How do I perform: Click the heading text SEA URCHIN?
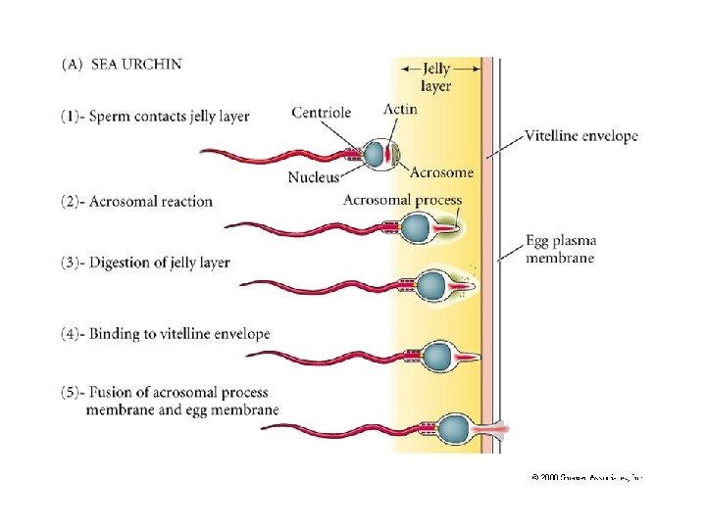(136, 65)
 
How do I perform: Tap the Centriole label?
(321, 113)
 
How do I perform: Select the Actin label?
(400, 109)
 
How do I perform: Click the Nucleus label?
(314, 176)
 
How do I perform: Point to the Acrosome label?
(440, 172)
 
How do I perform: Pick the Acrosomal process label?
(401, 200)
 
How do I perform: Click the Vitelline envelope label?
(581, 135)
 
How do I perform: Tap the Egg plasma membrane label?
(561, 249)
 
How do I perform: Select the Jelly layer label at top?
(436, 77)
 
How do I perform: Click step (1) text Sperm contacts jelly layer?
(156, 117)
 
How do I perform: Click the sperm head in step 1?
(376, 154)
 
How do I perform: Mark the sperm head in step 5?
(453, 428)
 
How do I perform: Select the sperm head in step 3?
(431, 286)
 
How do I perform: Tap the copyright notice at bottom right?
(585, 477)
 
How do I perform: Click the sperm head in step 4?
(437, 356)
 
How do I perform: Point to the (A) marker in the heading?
(73, 65)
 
